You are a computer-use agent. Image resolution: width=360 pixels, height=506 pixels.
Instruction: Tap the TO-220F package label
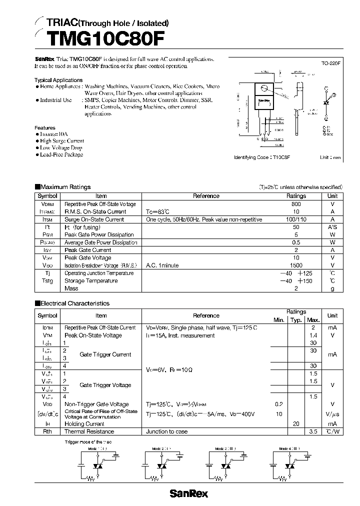pos(331,64)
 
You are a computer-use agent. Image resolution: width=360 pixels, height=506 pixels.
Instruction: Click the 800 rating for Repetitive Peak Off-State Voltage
pos(296,204)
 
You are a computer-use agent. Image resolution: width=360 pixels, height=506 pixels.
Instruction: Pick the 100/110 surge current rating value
pos(296,219)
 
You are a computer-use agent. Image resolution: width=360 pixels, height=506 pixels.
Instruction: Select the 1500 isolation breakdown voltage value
pos(296,265)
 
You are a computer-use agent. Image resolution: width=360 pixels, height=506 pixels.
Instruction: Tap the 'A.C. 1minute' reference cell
pos(162,265)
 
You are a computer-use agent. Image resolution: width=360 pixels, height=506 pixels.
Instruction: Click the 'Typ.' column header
pos(296,320)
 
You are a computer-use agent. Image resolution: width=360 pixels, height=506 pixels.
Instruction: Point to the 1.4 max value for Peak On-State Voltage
pos(313,335)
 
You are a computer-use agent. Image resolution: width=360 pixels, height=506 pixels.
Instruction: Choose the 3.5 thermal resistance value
pos(313,431)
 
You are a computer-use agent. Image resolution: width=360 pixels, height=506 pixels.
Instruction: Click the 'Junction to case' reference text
pos(166,431)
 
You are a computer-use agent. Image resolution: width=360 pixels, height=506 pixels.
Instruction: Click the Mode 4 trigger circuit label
pos(290,449)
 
